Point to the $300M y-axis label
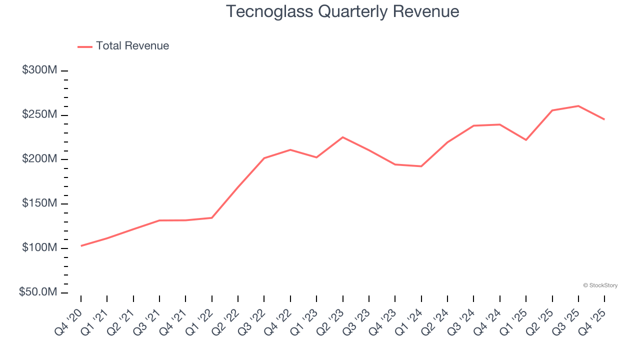pyautogui.click(x=39, y=70)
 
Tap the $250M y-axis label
pyautogui.click(x=39, y=114)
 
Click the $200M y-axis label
pyautogui.click(x=39, y=159)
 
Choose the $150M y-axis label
pyautogui.click(x=39, y=203)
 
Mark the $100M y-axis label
pyautogui.click(x=39, y=248)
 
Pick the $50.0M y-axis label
pyautogui.click(x=38, y=292)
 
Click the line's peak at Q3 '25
pyautogui.click(x=578, y=106)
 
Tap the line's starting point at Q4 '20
pyautogui.click(x=81, y=245)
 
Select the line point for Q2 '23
pyautogui.click(x=343, y=137)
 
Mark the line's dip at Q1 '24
pyautogui.click(x=421, y=166)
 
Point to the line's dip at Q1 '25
pyautogui.click(x=526, y=140)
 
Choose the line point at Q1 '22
pyautogui.click(x=212, y=217)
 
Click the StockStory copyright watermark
pyautogui.click(x=600, y=285)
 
